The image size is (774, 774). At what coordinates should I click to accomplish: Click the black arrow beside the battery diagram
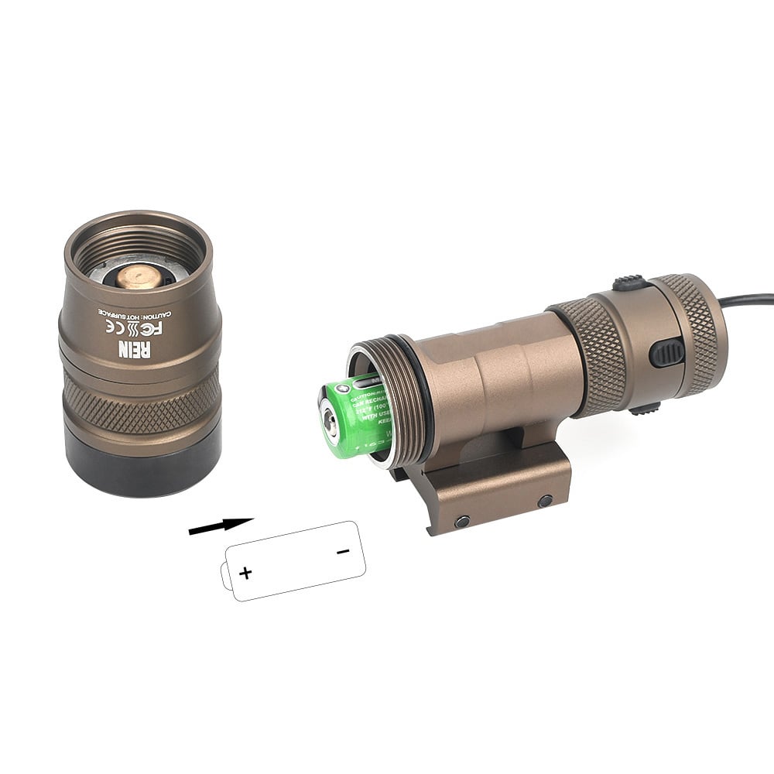tap(221, 526)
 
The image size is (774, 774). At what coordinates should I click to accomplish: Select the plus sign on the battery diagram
tap(245, 573)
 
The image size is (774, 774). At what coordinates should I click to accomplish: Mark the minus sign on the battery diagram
tap(344, 551)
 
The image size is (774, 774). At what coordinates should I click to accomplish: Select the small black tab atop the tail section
tap(631, 283)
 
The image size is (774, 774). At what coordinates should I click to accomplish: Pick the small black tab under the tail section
tap(644, 409)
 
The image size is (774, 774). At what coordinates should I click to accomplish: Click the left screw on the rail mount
tap(462, 521)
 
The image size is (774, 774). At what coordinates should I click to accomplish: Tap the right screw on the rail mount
tap(545, 501)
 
